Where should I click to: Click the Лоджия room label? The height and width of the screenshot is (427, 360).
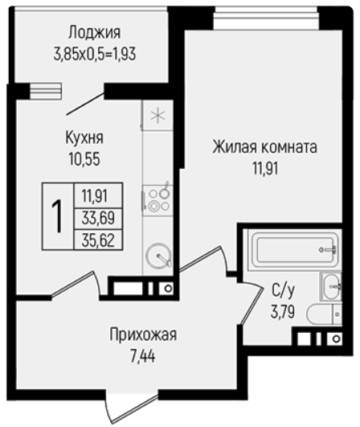[x=95, y=33]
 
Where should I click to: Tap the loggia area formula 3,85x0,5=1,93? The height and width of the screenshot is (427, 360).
[x=95, y=54]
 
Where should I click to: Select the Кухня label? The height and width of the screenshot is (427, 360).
[x=84, y=138]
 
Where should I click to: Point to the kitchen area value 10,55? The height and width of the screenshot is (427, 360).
[x=84, y=158]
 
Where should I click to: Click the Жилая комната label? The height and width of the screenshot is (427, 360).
[x=264, y=147]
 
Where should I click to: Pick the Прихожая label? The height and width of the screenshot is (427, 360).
[x=143, y=335]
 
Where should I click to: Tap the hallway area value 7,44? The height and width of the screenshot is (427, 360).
[x=143, y=356]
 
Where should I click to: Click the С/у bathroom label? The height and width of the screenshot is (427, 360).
[x=283, y=291]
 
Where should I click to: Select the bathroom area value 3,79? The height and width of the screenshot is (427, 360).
[x=283, y=311]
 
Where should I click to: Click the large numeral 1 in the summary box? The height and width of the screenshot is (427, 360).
[x=58, y=216]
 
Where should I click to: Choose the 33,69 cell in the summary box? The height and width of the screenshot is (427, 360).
[x=98, y=218]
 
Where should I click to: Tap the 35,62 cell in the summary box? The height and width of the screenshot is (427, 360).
[x=98, y=240]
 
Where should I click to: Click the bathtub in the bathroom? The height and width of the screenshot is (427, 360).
[x=295, y=250]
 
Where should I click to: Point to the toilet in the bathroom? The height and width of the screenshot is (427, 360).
[x=324, y=314]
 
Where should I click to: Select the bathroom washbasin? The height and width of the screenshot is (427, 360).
[x=331, y=286]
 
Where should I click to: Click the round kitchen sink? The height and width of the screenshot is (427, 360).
[x=159, y=256]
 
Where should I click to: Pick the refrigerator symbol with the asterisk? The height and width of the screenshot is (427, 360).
[x=157, y=116]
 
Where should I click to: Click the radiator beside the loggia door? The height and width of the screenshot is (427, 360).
[x=46, y=91]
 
